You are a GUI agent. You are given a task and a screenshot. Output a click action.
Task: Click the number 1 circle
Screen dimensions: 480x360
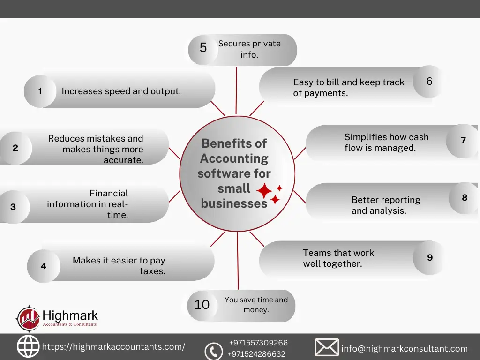[40, 91]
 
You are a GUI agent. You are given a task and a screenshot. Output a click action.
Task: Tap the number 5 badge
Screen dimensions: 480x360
[203, 49]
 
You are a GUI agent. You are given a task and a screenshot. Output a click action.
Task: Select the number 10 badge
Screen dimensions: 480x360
[202, 305]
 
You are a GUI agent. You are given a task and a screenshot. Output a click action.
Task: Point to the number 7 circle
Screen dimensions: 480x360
[463, 141]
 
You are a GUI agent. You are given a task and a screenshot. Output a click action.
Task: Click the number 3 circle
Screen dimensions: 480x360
[14, 207]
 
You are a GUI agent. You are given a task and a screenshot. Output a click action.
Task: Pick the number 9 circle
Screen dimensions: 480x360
[429, 257]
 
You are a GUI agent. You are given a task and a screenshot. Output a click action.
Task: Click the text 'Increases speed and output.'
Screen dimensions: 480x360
[121, 91]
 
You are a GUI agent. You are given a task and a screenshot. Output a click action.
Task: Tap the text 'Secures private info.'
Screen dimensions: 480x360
[249, 49]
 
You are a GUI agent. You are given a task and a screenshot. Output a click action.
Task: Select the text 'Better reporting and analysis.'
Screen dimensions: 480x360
[386, 205]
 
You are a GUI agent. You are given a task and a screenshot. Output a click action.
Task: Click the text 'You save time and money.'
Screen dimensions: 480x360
[256, 305]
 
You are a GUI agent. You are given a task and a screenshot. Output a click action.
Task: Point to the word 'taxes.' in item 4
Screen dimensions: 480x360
[152, 271]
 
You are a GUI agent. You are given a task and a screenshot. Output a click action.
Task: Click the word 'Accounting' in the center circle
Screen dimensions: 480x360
[234, 158]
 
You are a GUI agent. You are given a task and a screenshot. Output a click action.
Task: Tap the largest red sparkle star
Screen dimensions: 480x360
[264, 191]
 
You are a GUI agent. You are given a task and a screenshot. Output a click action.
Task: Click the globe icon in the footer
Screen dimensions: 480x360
[28, 346]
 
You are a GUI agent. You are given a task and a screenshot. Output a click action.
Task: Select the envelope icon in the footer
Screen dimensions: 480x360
[327, 347]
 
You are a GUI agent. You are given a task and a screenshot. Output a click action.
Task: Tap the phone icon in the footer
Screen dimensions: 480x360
[214, 351]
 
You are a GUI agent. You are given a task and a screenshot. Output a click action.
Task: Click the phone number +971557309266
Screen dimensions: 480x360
[258, 343]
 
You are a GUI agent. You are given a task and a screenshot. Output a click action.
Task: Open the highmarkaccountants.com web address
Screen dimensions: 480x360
[113, 347]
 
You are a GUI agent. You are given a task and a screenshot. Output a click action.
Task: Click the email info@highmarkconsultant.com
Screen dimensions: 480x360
[405, 349]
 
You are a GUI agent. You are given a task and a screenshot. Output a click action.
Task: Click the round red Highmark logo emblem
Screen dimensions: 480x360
[28, 318]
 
